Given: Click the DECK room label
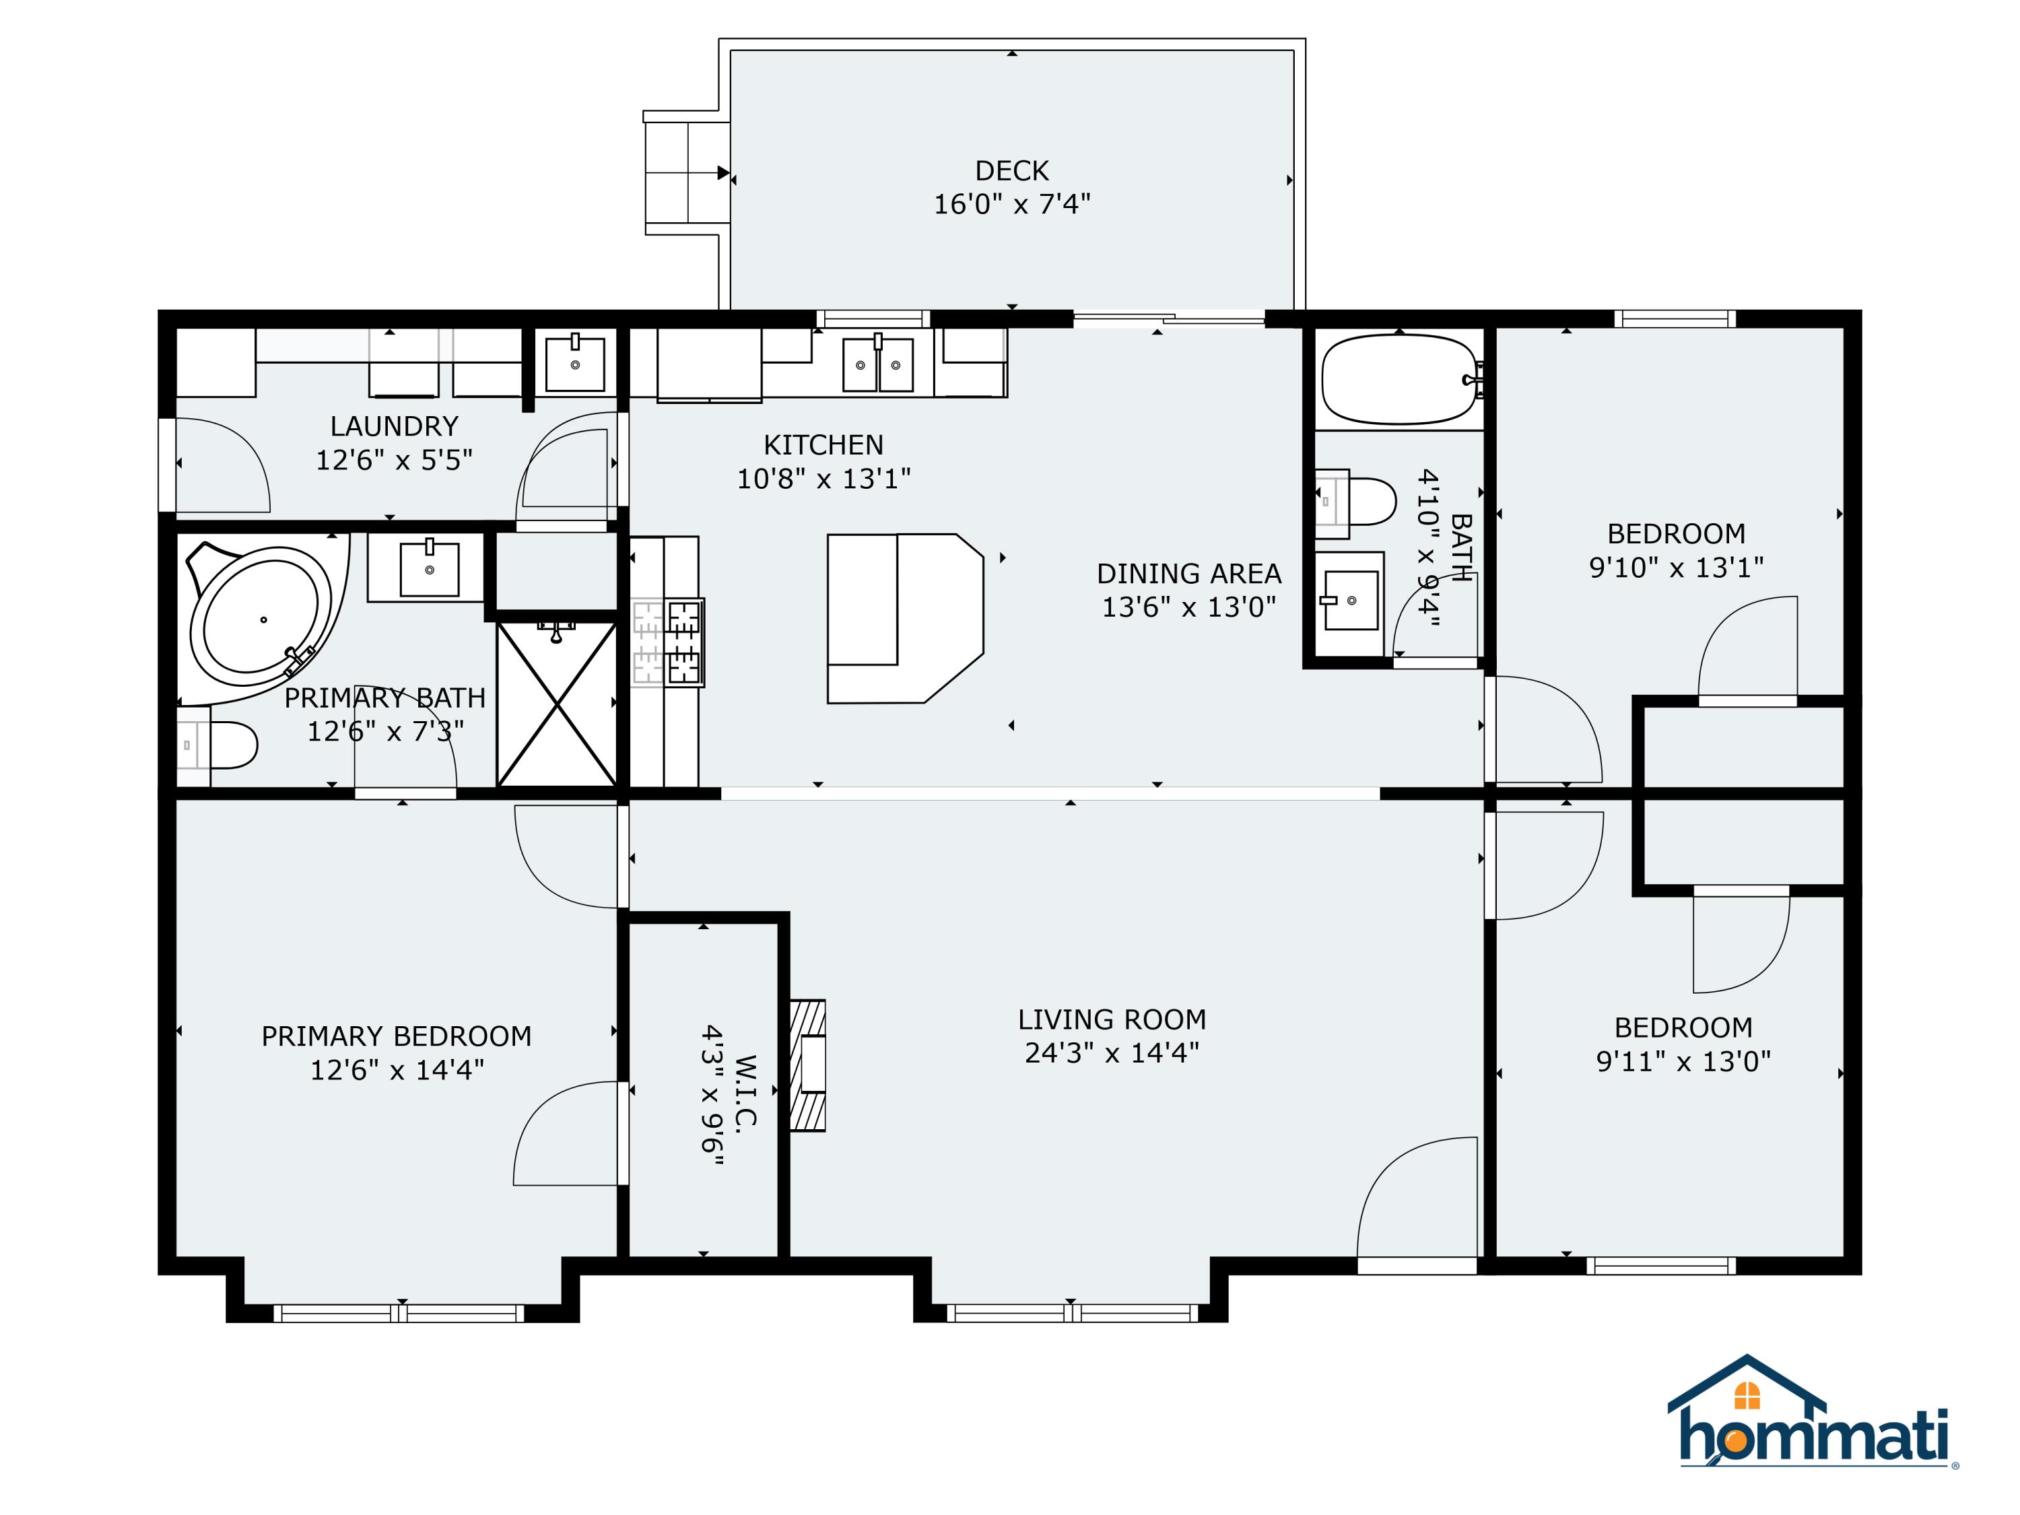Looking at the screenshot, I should click(x=1012, y=171).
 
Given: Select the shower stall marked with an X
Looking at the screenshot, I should click(x=557, y=703).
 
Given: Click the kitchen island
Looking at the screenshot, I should click(x=904, y=618).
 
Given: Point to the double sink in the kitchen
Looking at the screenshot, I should click(x=877, y=364).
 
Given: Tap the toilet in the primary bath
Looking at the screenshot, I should click(x=226, y=745).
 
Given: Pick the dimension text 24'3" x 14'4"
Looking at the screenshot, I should click(x=1112, y=1053).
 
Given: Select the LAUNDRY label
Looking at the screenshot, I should click(x=394, y=426).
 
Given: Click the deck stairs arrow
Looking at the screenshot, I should click(x=722, y=172).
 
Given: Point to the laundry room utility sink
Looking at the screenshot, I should click(x=574, y=364).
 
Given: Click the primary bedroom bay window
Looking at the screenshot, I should click(x=399, y=1313).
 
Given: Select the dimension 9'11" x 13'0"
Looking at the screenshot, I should click(x=1683, y=1061).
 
